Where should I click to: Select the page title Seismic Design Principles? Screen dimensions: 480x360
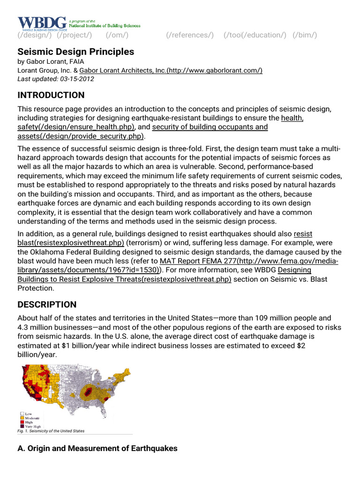click(76, 52)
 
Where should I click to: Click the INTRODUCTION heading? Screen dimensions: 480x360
click(51, 95)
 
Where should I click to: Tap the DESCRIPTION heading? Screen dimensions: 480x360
click(47, 305)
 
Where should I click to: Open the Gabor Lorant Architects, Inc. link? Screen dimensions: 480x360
click(171, 70)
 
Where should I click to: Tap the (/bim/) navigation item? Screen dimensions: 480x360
click(305, 35)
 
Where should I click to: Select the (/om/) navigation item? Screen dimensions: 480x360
click(117, 35)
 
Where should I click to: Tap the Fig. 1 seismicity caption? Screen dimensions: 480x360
click(52, 431)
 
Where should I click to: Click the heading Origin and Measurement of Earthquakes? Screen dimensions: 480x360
click(97, 449)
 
